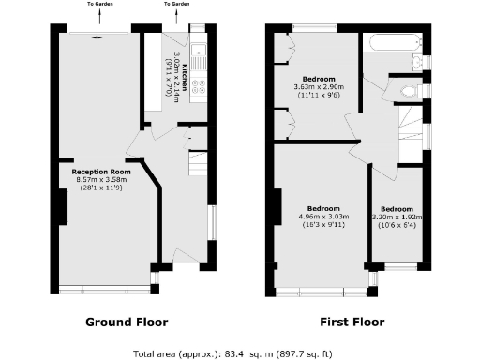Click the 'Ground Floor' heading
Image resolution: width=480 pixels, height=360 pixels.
[127, 322]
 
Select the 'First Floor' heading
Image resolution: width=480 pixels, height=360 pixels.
[352, 322]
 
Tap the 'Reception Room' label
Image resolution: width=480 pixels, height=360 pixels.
[100, 172]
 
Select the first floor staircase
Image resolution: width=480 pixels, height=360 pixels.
[409, 120]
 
